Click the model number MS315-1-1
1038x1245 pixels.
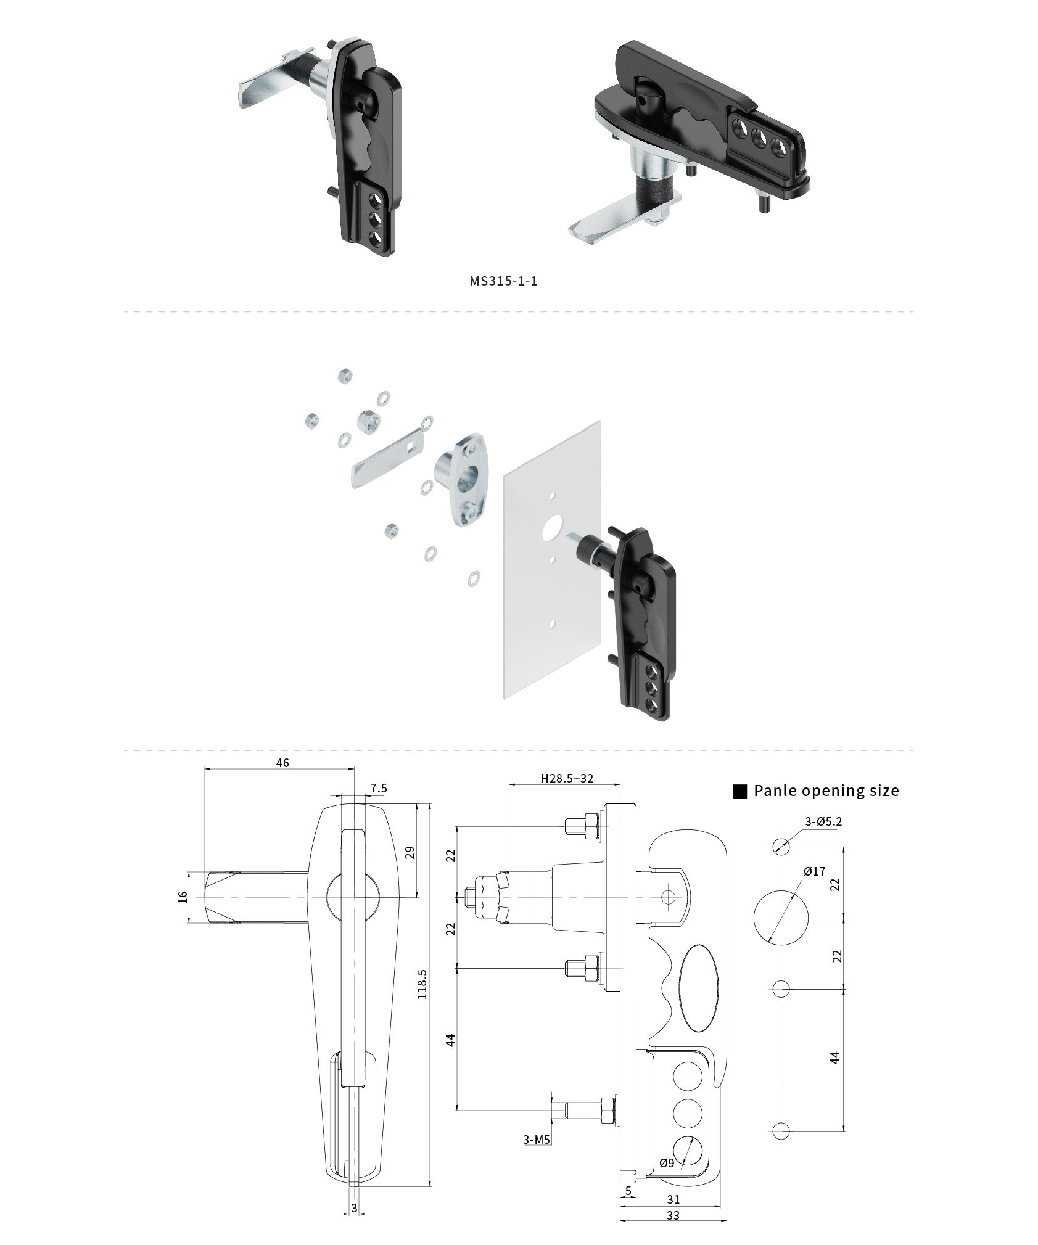[503, 281]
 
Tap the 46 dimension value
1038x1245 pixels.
[282, 763]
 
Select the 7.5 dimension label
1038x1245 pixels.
[379, 788]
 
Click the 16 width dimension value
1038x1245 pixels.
[182, 897]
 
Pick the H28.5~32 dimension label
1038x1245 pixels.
[567, 778]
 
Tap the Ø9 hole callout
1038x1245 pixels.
[667, 1163]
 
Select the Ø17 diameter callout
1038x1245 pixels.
[814, 871]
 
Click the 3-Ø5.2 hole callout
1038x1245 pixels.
[823, 821]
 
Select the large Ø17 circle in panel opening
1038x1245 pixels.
[781, 917]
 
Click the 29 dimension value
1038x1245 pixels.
[410, 852]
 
